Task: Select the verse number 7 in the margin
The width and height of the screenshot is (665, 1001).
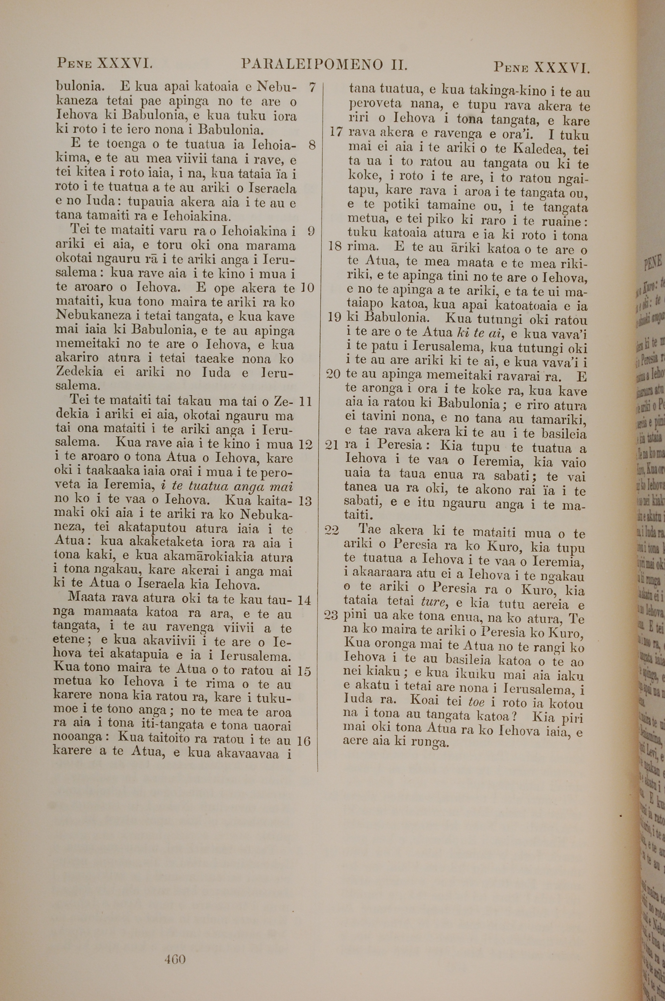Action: (312, 88)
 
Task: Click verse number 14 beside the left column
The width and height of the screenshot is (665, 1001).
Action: (305, 600)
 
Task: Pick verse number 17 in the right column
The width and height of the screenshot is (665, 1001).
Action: (335, 131)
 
